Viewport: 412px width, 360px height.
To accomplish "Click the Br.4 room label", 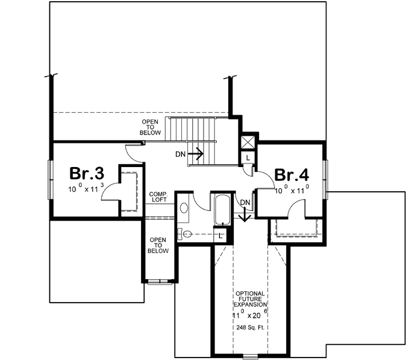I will point(292,175).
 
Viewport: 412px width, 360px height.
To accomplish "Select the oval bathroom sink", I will point(184,207).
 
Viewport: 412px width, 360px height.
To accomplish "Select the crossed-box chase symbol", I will point(248,142).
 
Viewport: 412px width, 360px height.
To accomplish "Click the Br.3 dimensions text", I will point(86,189).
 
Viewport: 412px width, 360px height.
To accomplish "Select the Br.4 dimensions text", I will point(292,190).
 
